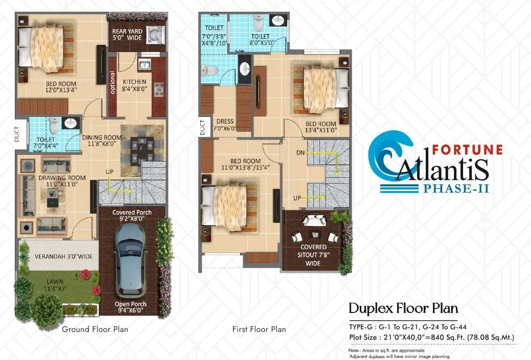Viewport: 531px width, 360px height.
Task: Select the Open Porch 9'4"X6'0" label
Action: pos(132,307)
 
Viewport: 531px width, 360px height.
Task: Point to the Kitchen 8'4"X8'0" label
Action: pos(134,85)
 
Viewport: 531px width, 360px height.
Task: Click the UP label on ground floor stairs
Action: pos(109,172)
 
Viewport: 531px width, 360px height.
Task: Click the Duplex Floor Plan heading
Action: pos(403,308)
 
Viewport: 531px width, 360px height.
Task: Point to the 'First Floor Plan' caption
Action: pos(259,329)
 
